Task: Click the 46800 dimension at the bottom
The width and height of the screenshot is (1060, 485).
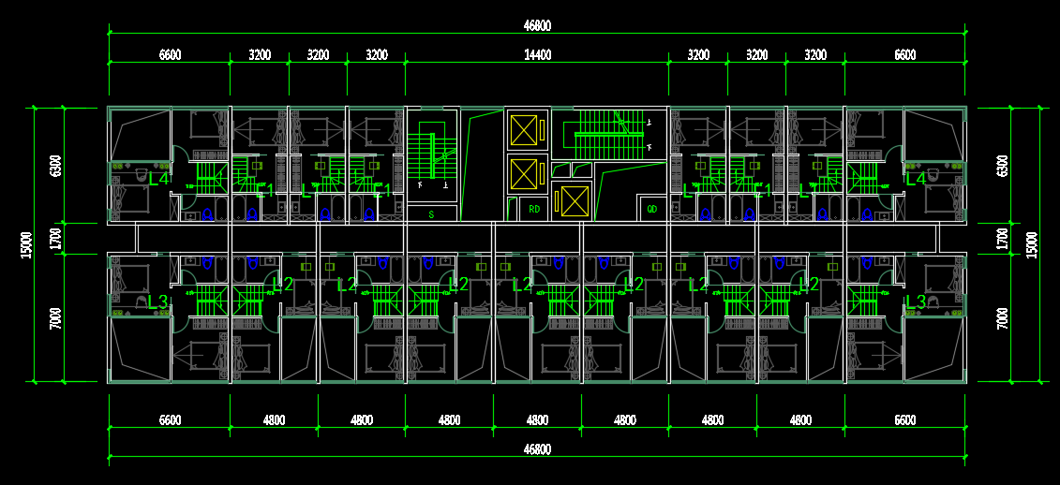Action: tap(537, 449)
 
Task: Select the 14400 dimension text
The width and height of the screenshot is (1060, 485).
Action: tap(537, 55)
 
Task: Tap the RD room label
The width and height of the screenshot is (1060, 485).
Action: tap(535, 208)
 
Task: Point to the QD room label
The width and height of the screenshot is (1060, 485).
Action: tap(652, 208)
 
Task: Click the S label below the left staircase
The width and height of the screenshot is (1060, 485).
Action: tap(431, 214)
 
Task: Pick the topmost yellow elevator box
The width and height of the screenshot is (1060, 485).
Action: tap(526, 130)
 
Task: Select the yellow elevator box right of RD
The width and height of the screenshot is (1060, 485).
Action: tap(574, 201)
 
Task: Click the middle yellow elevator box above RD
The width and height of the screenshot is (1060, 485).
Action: tap(526, 172)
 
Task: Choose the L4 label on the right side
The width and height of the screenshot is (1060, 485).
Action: tap(916, 178)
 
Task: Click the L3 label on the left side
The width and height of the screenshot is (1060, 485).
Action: tap(157, 301)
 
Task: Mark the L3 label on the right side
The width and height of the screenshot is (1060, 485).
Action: tap(916, 301)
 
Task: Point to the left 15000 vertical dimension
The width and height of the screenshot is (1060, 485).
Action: tap(27, 244)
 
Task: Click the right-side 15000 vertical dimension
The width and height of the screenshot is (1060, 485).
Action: tap(1032, 244)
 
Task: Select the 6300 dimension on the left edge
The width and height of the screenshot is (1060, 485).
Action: tap(56, 166)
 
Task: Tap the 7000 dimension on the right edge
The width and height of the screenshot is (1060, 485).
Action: tap(1003, 317)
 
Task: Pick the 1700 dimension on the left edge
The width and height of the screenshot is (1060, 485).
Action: tap(56, 238)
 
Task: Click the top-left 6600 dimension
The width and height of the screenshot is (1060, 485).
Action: tap(170, 55)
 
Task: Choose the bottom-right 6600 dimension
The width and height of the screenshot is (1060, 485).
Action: tap(904, 420)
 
